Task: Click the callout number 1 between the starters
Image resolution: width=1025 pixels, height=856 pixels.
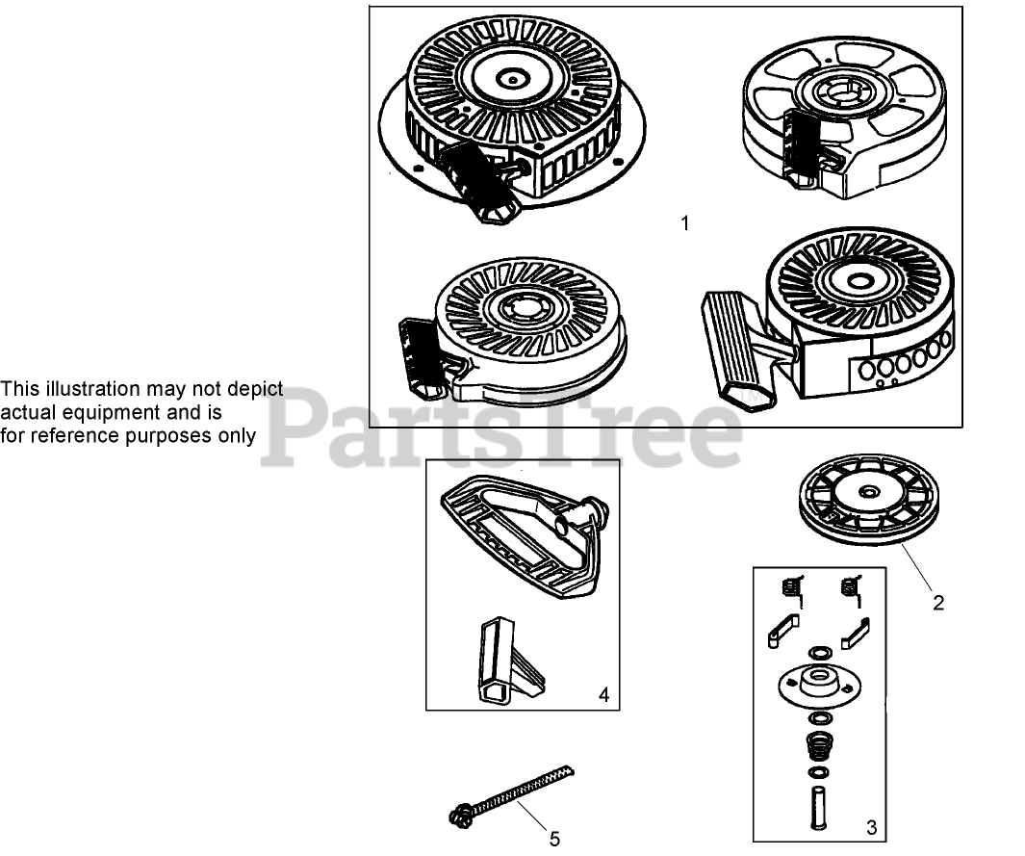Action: click(x=684, y=223)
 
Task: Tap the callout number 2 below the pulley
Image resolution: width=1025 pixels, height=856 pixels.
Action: click(x=938, y=604)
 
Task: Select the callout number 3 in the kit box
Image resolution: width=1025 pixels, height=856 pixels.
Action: click(x=871, y=825)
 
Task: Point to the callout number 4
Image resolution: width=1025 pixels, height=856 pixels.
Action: click(x=603, y=693)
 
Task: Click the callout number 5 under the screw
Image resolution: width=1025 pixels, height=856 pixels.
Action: click(x=555, y=839)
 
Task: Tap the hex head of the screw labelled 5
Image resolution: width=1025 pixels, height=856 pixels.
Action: click(x=458, y=816)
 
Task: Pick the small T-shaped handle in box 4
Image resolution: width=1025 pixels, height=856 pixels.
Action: click(x=505, y=660)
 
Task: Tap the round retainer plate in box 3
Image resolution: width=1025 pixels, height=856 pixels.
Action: click(x=818, y=687)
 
